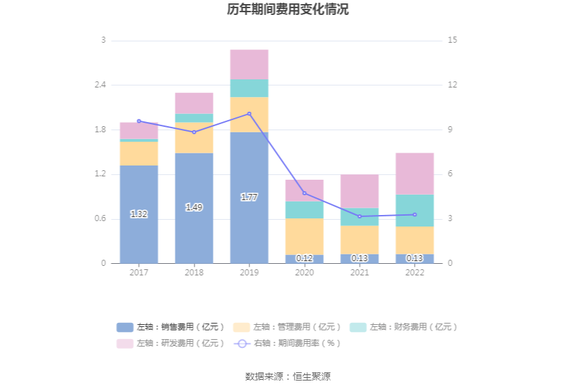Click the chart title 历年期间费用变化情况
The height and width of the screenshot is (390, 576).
(288, 9)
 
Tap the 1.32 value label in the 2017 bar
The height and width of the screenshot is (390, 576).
(139, 214)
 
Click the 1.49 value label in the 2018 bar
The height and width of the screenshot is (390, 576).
(194, 208)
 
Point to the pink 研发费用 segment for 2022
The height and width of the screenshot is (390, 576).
(415, 174)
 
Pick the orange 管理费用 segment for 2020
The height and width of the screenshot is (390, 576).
(304, 236)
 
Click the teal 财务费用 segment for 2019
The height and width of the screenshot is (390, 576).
(249, 88)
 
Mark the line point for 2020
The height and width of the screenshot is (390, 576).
(304, 193)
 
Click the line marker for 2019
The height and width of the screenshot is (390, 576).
(249, 114)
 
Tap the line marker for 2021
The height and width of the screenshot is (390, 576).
(359, 216)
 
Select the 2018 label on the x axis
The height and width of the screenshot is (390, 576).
(194, 273)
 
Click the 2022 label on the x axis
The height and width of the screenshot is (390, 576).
(415, 273)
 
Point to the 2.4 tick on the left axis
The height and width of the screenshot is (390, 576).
(100, 85)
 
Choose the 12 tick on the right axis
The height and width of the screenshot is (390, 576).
(453, 85)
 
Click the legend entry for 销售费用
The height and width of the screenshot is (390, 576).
(170, 327)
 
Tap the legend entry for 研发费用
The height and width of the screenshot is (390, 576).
(170, 343)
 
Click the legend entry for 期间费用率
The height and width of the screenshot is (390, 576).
(287, 343)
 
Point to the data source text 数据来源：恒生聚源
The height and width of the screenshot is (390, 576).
(288, 376)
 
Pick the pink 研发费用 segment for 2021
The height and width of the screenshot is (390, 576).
(359, 191)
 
